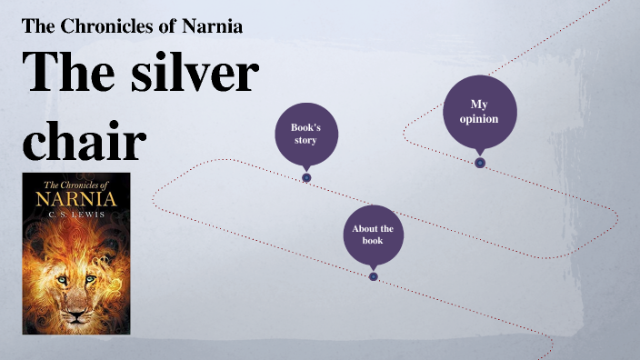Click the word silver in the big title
194,74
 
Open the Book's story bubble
306,135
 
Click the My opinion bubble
479,112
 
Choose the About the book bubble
373,235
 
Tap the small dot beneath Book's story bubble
306,177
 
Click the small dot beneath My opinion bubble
480,163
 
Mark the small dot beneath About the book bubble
374,276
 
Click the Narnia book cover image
76,254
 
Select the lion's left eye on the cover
63,278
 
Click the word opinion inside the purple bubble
479,119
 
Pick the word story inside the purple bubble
305,141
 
